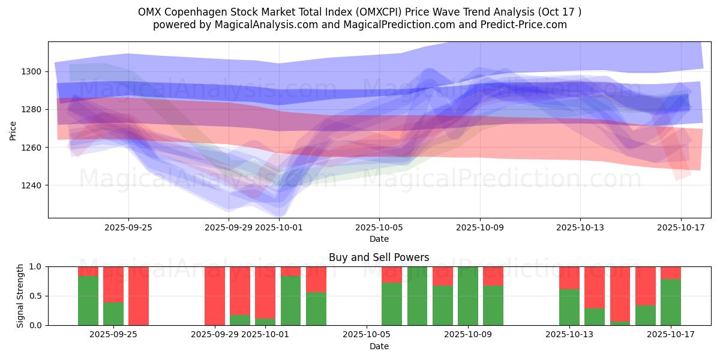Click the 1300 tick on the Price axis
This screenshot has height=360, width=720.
point(32,71)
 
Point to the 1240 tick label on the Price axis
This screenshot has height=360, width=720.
point(32,185)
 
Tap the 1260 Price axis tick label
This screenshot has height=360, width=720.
point(32,148)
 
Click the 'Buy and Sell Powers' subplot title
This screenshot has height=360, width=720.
point(379,257)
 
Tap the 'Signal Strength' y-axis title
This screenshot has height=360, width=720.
point(20,296)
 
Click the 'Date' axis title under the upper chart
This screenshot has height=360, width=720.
point(379,239)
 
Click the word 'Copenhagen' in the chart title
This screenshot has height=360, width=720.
point(191,12)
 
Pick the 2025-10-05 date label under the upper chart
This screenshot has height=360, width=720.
point(379,227)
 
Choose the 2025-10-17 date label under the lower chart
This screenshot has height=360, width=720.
point(671,335)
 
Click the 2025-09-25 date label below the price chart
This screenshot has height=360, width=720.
point(128,227)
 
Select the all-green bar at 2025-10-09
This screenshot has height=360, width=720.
point(468,296)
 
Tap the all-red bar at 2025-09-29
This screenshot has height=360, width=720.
point(215,296)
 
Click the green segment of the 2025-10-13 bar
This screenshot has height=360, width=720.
point(569,307)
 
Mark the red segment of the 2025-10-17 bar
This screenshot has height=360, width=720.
point(671,272)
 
